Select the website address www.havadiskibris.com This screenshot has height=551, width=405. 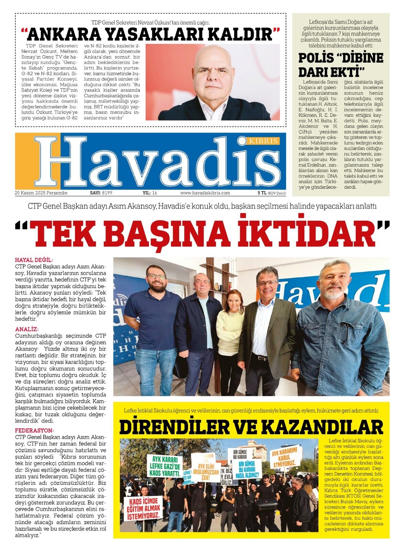205,193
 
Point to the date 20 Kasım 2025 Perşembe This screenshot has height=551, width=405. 41,193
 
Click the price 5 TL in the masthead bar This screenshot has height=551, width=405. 262,193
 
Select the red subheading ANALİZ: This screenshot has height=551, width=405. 27,330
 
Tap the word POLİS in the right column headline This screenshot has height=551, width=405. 316,58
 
